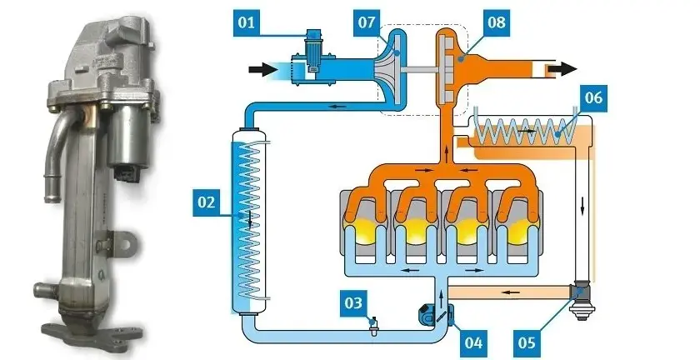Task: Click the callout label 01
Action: click(x=246, y=22)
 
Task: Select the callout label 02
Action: click(x=207, y=202)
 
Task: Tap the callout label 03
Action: click(x=353, y=303)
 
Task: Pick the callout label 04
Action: click(x=473, y=343)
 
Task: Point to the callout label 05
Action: click(x=527, y=343)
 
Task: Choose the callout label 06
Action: click(x=593, y=97)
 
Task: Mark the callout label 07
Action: click(x=367, y=22)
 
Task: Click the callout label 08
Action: click(x=496, y=22)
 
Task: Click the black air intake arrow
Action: click(x=263, y=69)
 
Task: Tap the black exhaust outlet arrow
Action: click(x=562, y=69)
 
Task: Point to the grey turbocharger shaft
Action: click(x=421, y=70)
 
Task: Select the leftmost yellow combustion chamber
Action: click(x=364, y=231)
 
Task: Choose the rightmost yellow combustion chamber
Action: click(x=517, y=231)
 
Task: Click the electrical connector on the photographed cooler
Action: click(x=124, y=172)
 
